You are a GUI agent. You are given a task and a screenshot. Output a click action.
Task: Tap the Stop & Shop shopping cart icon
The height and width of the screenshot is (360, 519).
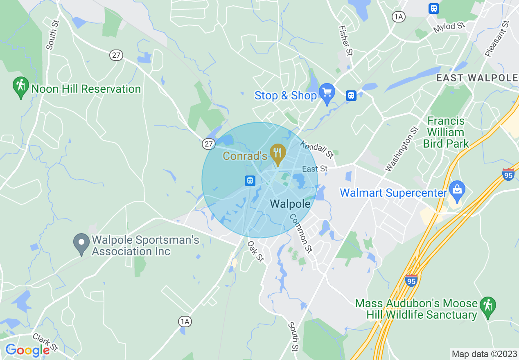pos(327,93)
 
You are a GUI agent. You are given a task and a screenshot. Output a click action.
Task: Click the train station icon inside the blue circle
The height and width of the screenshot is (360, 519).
pos(250,180)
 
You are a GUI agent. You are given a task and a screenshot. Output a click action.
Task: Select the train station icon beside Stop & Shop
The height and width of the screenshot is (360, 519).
pos(351,96)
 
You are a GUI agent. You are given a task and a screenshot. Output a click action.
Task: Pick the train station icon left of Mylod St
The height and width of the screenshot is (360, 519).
pos(433,8)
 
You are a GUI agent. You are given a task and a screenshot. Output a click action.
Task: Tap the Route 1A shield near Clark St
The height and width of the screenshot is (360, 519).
pos(185,322)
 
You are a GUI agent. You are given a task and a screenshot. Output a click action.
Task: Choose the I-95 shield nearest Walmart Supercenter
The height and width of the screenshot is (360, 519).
pos(508,174)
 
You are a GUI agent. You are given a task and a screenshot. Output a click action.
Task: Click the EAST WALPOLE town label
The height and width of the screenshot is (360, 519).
pos(477,78)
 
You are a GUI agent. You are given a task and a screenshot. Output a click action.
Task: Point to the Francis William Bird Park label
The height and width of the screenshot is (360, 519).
pos(446,132)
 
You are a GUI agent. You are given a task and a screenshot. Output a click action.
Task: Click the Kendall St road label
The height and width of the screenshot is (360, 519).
pos(317,149)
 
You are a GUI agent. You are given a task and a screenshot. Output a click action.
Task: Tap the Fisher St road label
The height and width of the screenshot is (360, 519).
pos(345,40)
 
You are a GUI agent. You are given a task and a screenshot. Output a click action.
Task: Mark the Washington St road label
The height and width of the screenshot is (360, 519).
pos(402,149)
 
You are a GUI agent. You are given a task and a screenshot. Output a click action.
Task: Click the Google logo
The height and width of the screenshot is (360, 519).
pos(27,350)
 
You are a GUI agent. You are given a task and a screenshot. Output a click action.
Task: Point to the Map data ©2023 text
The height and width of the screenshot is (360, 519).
pos(484,354)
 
